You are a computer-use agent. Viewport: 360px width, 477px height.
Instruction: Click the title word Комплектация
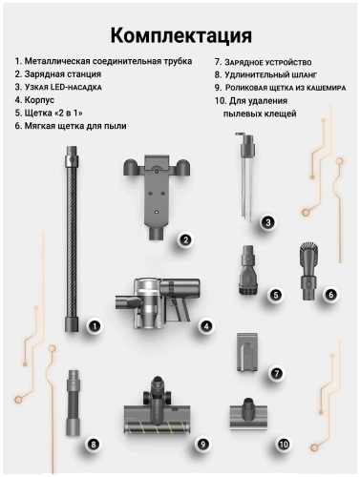point(180,35)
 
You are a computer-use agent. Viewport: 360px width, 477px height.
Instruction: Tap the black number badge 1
point(95,325)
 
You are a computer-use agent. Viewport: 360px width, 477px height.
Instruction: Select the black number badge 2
point(186,240)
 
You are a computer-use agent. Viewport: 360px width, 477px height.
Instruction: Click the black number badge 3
point(268,222)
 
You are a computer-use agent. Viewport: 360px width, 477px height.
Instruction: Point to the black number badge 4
point(205,325)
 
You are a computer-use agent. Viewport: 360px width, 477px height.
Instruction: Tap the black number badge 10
point(283,444)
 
